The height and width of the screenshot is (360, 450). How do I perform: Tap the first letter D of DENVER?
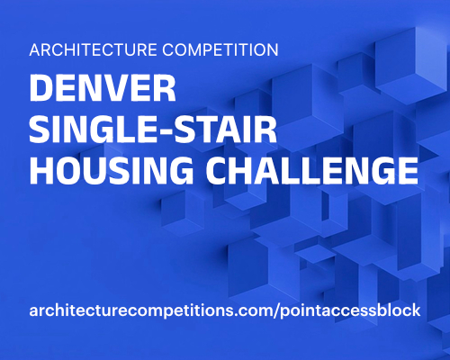click(41, 91)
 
